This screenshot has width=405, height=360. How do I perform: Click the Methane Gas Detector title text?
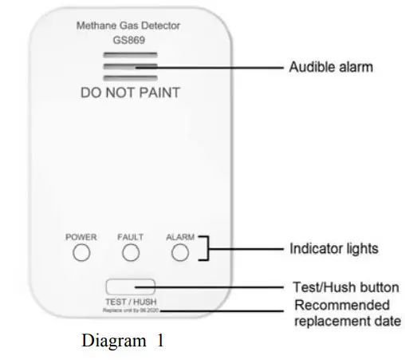pyautogui.click(x=128, y=26)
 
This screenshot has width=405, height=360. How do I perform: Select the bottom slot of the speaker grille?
pyautogui.click(x=128, y=77)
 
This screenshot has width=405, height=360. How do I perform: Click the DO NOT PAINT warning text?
pyautogui.click(x=130, y=93)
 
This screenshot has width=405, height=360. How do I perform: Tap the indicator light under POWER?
pyautogui.click(x=81, y=254)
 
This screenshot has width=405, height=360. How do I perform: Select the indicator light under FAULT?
pyautogui.click(x=131, y=254)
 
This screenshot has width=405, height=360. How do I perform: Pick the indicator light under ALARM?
pyautogui.click(x=180, y=254)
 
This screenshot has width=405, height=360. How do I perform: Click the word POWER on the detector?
pyautogui.click(x=81, y=237)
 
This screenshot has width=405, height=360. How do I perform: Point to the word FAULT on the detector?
pyautogui.click(x=130, y=237)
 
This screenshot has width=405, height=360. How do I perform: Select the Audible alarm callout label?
pyautogui.click(x=329, y=68)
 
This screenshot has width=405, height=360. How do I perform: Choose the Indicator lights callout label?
pyautogui.click(x=333, y=249)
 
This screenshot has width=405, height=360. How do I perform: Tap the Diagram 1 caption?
pyautogui.click(x=123, y=341)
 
